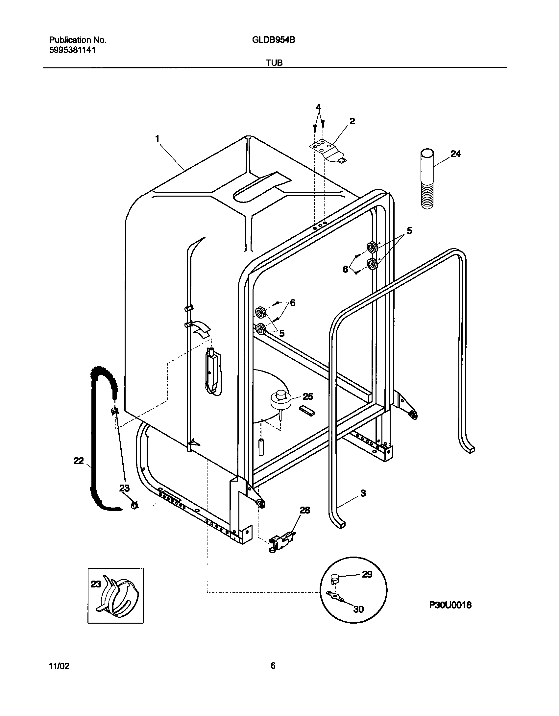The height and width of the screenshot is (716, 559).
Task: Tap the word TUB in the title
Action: [274, 62]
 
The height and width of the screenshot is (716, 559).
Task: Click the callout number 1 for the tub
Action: [158, 139]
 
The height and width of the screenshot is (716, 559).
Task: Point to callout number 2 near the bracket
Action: [352, 121]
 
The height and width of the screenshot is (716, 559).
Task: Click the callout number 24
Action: [455, 154]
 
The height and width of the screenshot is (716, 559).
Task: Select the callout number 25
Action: [307, 396]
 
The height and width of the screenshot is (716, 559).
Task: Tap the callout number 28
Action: [305, 510]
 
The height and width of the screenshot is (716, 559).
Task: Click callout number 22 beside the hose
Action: [79, 461]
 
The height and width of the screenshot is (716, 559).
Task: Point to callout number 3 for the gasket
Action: [363, 493]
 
